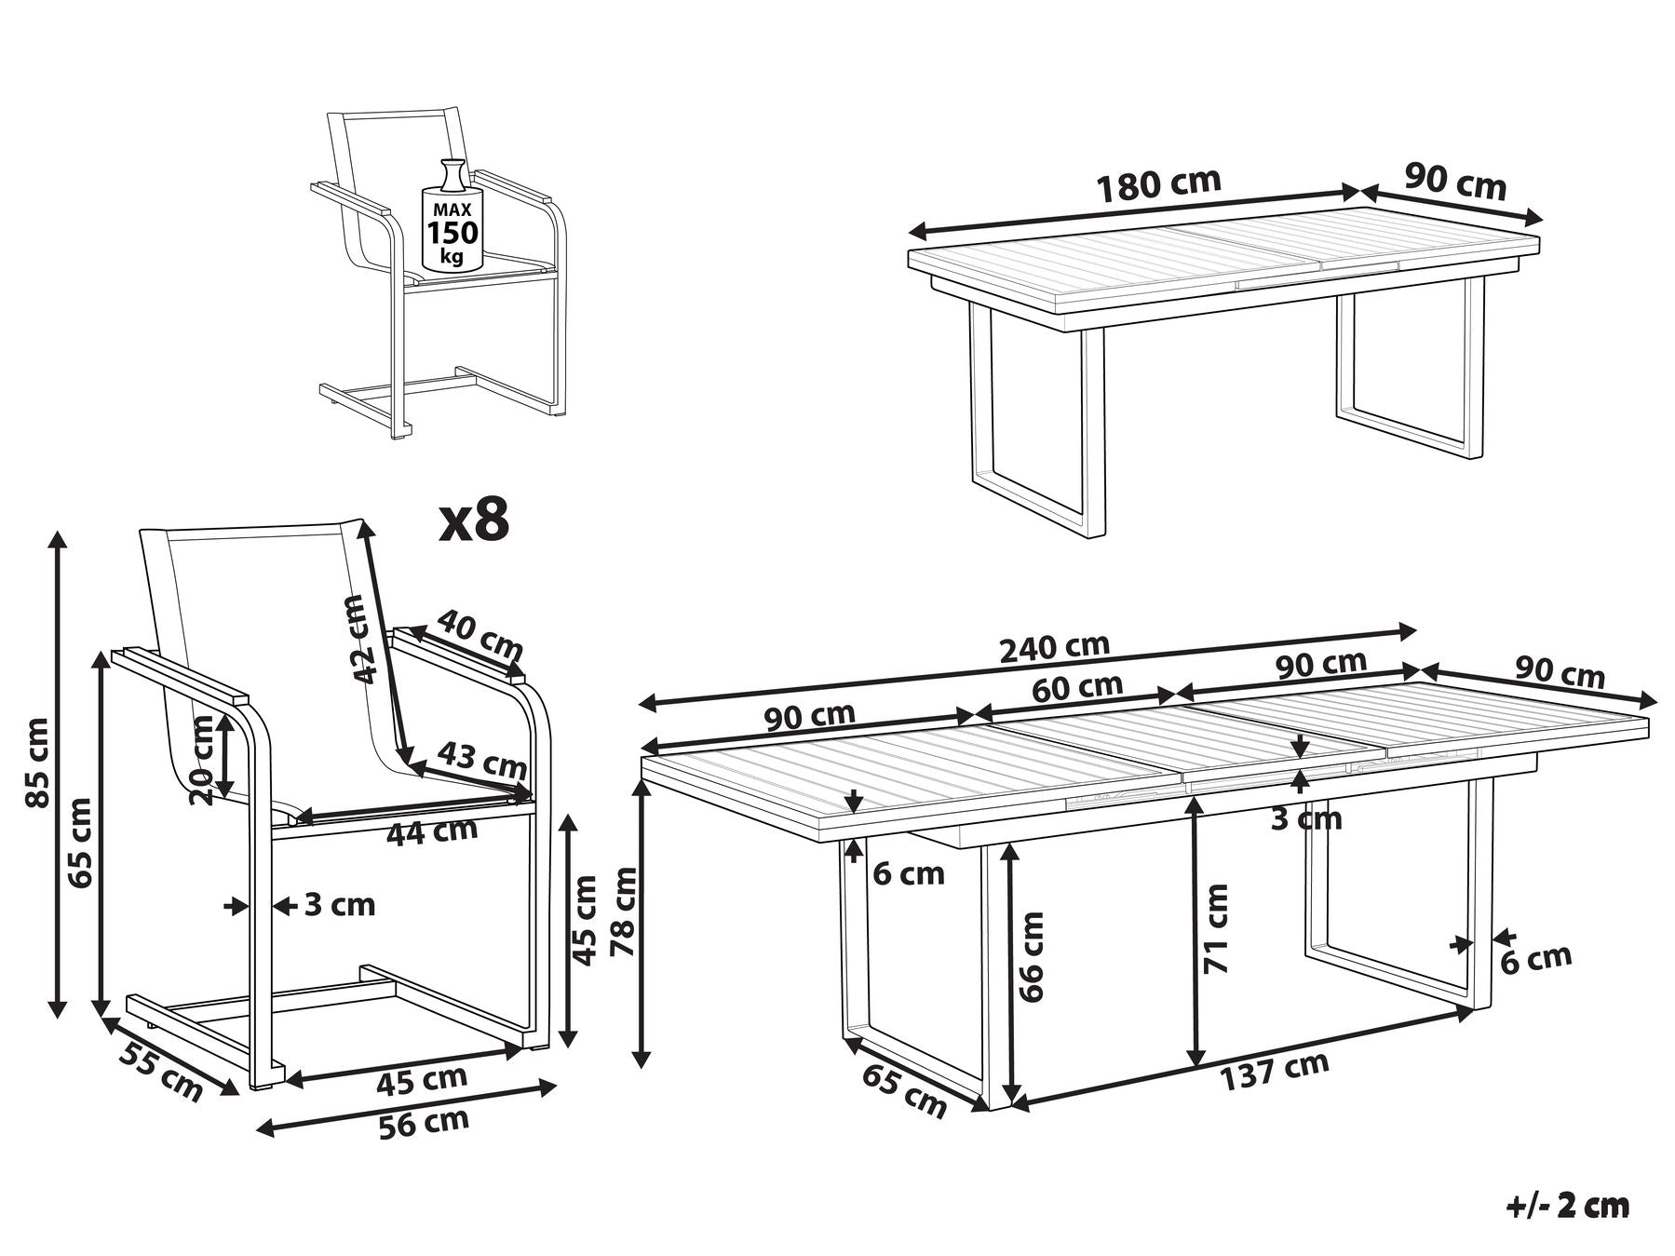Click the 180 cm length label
[1159, 184]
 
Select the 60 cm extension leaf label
[1077, 688]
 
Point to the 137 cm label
[1274, 1071]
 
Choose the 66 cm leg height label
[1031, 956]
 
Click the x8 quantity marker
[475, 520]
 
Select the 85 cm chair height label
[38, 763]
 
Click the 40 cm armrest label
[480, 634]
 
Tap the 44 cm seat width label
[432, 831]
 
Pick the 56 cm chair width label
[424, 1123]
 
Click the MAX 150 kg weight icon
[452, 218]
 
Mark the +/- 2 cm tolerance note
[1569, 1206]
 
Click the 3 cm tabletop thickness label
[1306, 818]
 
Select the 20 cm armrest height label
[202, 759]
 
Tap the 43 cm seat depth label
[481, 759]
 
